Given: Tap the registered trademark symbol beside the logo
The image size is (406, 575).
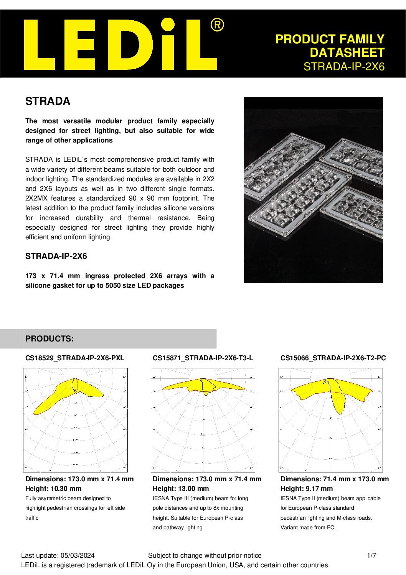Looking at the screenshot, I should click(x=217, y=25).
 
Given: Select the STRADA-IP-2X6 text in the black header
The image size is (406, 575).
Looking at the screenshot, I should click(x=344, y=66).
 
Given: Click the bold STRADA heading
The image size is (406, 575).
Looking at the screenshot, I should click(x=48, y=101).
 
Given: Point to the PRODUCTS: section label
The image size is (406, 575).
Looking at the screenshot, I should click(x=49, y=339).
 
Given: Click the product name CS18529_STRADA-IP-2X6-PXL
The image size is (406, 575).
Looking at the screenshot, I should click(x=75, y=358).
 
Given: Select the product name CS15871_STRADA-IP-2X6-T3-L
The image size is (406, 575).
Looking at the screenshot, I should click(x=203, y=358).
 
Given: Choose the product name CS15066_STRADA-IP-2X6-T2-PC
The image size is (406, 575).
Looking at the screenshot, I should click(x=333, y=358).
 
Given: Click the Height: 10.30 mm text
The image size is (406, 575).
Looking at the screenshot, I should click(x=53, y=489).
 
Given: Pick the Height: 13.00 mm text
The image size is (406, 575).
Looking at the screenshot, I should click(x=181, y=489).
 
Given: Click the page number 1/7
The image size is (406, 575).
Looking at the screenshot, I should click(x=371, y=555).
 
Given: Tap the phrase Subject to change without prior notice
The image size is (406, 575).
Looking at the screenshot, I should click(x=205, y=555).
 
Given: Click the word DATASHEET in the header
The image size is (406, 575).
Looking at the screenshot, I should click(x=347, y=53).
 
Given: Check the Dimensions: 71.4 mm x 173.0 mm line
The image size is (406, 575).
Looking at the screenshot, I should click(x=334, y=479).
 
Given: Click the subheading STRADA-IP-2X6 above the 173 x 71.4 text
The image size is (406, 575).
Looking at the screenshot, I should click(x=56, y=256).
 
